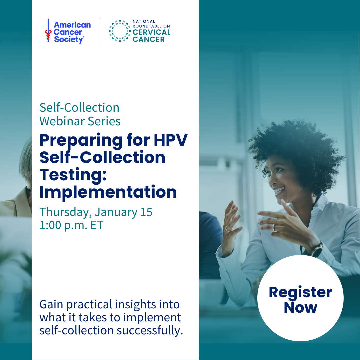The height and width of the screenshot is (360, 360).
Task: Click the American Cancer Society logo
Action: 68,31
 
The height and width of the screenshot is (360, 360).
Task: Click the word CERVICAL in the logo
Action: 152,32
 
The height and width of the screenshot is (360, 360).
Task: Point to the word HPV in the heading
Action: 171,140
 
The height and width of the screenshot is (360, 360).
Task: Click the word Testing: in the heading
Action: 73,175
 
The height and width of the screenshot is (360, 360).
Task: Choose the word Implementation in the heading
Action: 108,192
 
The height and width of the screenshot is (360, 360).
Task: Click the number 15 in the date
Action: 146,212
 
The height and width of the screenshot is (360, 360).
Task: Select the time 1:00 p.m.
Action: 63,225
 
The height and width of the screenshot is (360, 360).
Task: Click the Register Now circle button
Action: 300,298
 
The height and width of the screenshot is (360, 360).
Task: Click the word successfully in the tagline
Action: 149,331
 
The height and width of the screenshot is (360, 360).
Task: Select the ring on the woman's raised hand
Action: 274,228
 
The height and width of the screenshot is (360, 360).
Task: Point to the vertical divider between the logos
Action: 100,31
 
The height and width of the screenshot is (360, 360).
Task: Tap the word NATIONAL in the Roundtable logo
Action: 144,21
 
